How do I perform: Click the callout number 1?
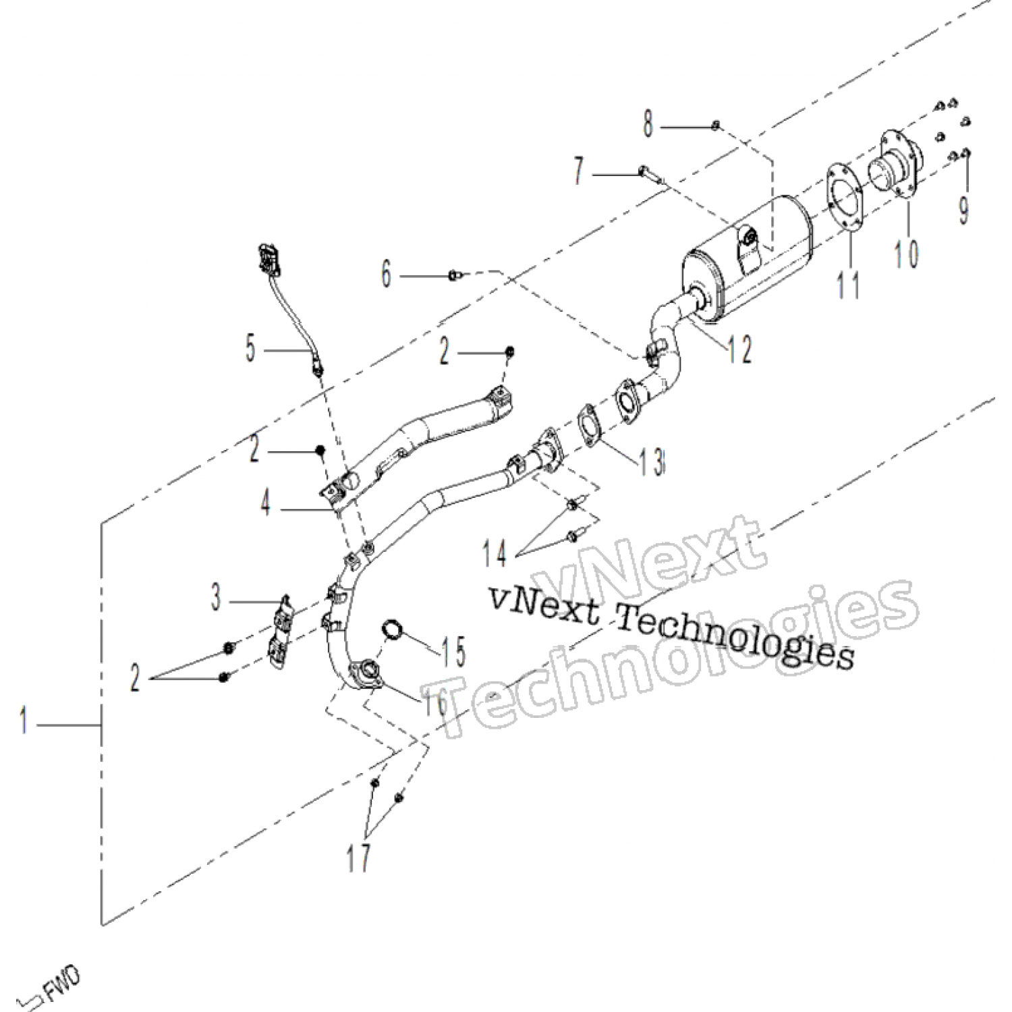[x=24, y=722]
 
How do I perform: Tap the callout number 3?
[x=216, y=598]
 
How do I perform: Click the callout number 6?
[x=387, y=275]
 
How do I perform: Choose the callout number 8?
[x=648, y=125]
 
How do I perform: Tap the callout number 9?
[x=964, y=208]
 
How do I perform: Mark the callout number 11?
[x=849, y=283]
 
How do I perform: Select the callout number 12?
[x=739, y=348]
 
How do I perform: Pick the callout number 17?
[x=359, y=858]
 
